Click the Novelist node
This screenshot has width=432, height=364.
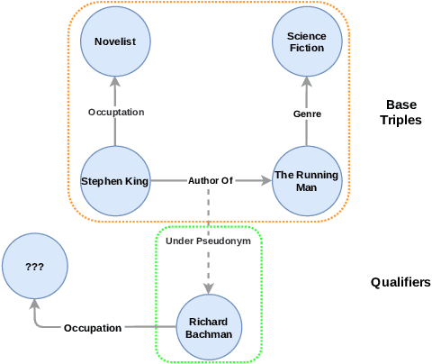tap(115, 41)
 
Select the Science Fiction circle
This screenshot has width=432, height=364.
tap(307, 41)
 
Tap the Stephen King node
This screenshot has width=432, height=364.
tap(115, 181)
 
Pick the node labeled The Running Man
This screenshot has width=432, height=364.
tap(307, 181)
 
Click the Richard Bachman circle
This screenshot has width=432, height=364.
tap(209, 327)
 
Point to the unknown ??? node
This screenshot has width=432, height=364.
tap(36, 267)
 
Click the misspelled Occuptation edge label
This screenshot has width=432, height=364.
tap(115, 112)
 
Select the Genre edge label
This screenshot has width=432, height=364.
tap(307, 114)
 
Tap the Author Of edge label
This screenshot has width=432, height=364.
tap(210, 181)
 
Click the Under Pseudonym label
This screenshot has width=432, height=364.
tap(209, 241)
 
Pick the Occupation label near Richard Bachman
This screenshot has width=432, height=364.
tap(93, 328)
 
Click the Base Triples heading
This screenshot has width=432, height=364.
tap(400, 112)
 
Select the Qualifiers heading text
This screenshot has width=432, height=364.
tap(400, 282)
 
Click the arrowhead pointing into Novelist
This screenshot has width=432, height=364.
tap(115, 82)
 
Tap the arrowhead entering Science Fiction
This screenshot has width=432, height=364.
tap(307, 82)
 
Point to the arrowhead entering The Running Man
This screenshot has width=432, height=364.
tap(265, 181)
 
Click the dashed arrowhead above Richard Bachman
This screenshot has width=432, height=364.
tap(209, 287)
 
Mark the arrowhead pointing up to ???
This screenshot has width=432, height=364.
tap(36, 306)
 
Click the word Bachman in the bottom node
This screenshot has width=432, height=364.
tap(209, 334)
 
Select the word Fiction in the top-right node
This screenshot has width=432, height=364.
tap(307, 48)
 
